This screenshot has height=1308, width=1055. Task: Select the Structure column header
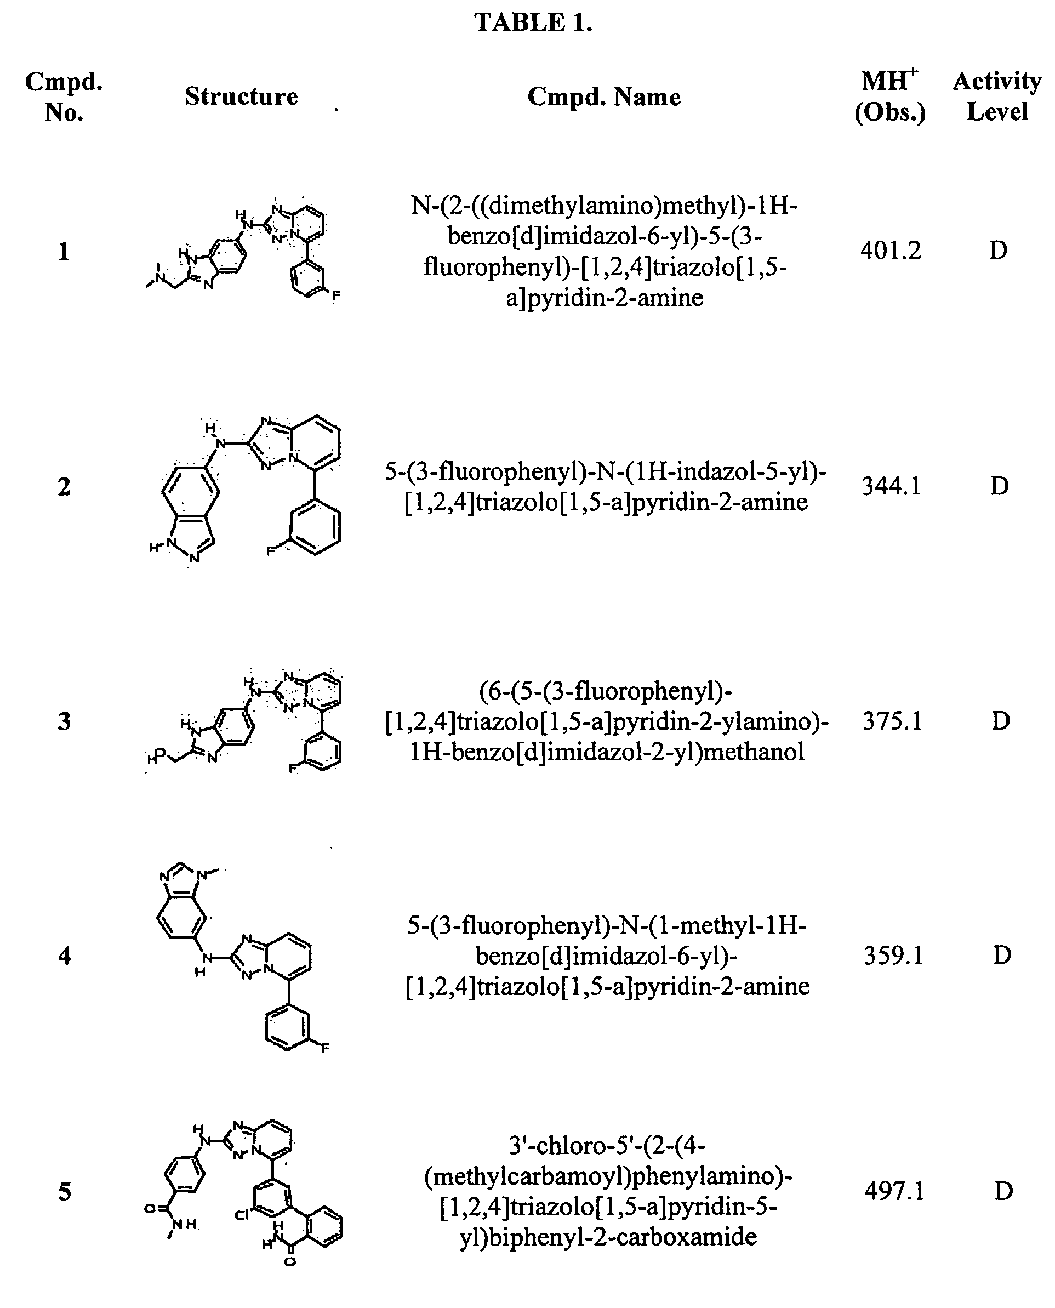pos(241,96)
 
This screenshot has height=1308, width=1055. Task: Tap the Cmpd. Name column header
pos(603,96)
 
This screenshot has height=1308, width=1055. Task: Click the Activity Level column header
pos(997,96)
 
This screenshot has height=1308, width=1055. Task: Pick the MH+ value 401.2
pos(890,251)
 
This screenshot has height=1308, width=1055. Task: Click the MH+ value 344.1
pos(891,486)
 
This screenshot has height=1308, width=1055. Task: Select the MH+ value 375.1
pos(892,721)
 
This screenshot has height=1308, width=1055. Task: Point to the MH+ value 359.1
pos(893,956)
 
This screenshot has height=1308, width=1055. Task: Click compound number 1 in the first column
pos(64,252)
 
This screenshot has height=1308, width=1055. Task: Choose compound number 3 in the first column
pos(65,721)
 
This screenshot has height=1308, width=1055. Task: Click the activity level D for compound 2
pos(999,486)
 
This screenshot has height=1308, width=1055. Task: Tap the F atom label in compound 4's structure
pos(324,1048)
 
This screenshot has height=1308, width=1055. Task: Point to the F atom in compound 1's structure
pos(335,297)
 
